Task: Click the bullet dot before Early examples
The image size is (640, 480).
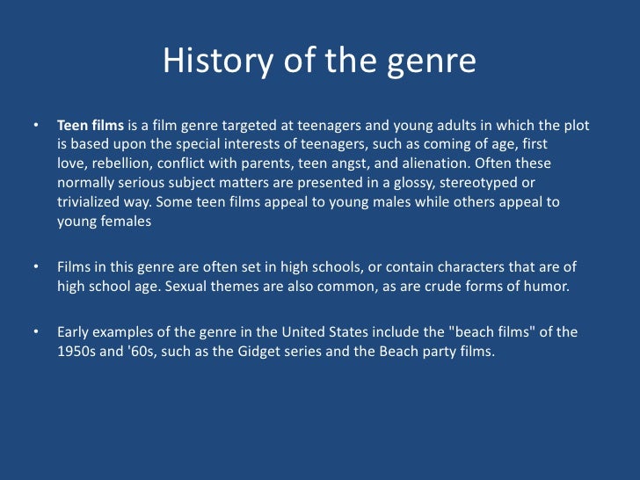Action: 37,331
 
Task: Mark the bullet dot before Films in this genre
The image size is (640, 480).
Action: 37,266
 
